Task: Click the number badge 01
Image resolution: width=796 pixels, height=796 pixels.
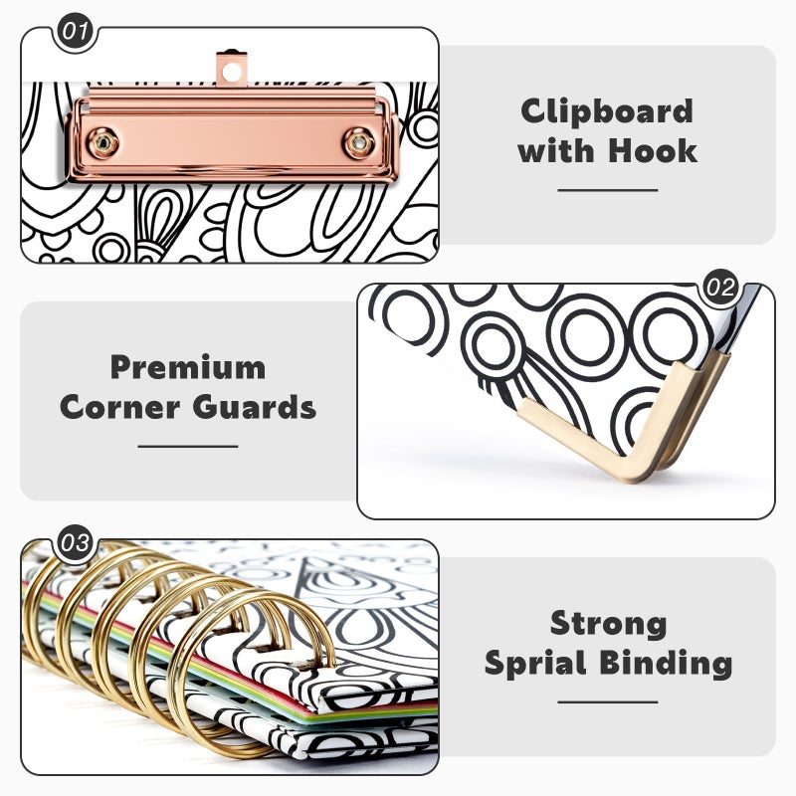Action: (76, 31)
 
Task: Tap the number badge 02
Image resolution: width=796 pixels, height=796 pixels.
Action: (720, 288)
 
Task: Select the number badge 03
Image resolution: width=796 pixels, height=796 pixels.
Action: (76, 542)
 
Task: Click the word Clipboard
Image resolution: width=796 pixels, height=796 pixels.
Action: (607, 111)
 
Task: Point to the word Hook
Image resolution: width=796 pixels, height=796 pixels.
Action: (653, 151)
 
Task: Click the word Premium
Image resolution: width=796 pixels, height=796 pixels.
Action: (188, 367)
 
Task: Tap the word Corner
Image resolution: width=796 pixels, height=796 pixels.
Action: (119, 407)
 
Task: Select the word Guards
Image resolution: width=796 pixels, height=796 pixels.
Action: (255, 407)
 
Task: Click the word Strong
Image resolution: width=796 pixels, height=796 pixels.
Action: (608, 625)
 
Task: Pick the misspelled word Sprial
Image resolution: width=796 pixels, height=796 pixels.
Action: (535, 664)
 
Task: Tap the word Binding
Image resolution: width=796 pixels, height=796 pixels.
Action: (666, 664)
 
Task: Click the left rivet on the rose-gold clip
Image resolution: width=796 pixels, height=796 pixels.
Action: (103, 143)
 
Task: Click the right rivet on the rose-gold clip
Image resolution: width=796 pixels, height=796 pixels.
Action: (359, 143)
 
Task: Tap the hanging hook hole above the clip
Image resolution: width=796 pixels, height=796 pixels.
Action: (232, 71)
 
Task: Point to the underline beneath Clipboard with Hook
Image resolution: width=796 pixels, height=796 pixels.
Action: (608, 190)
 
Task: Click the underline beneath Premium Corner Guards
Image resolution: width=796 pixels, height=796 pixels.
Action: (188, 446)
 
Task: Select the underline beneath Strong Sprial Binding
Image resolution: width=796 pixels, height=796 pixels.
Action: (608, 702)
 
